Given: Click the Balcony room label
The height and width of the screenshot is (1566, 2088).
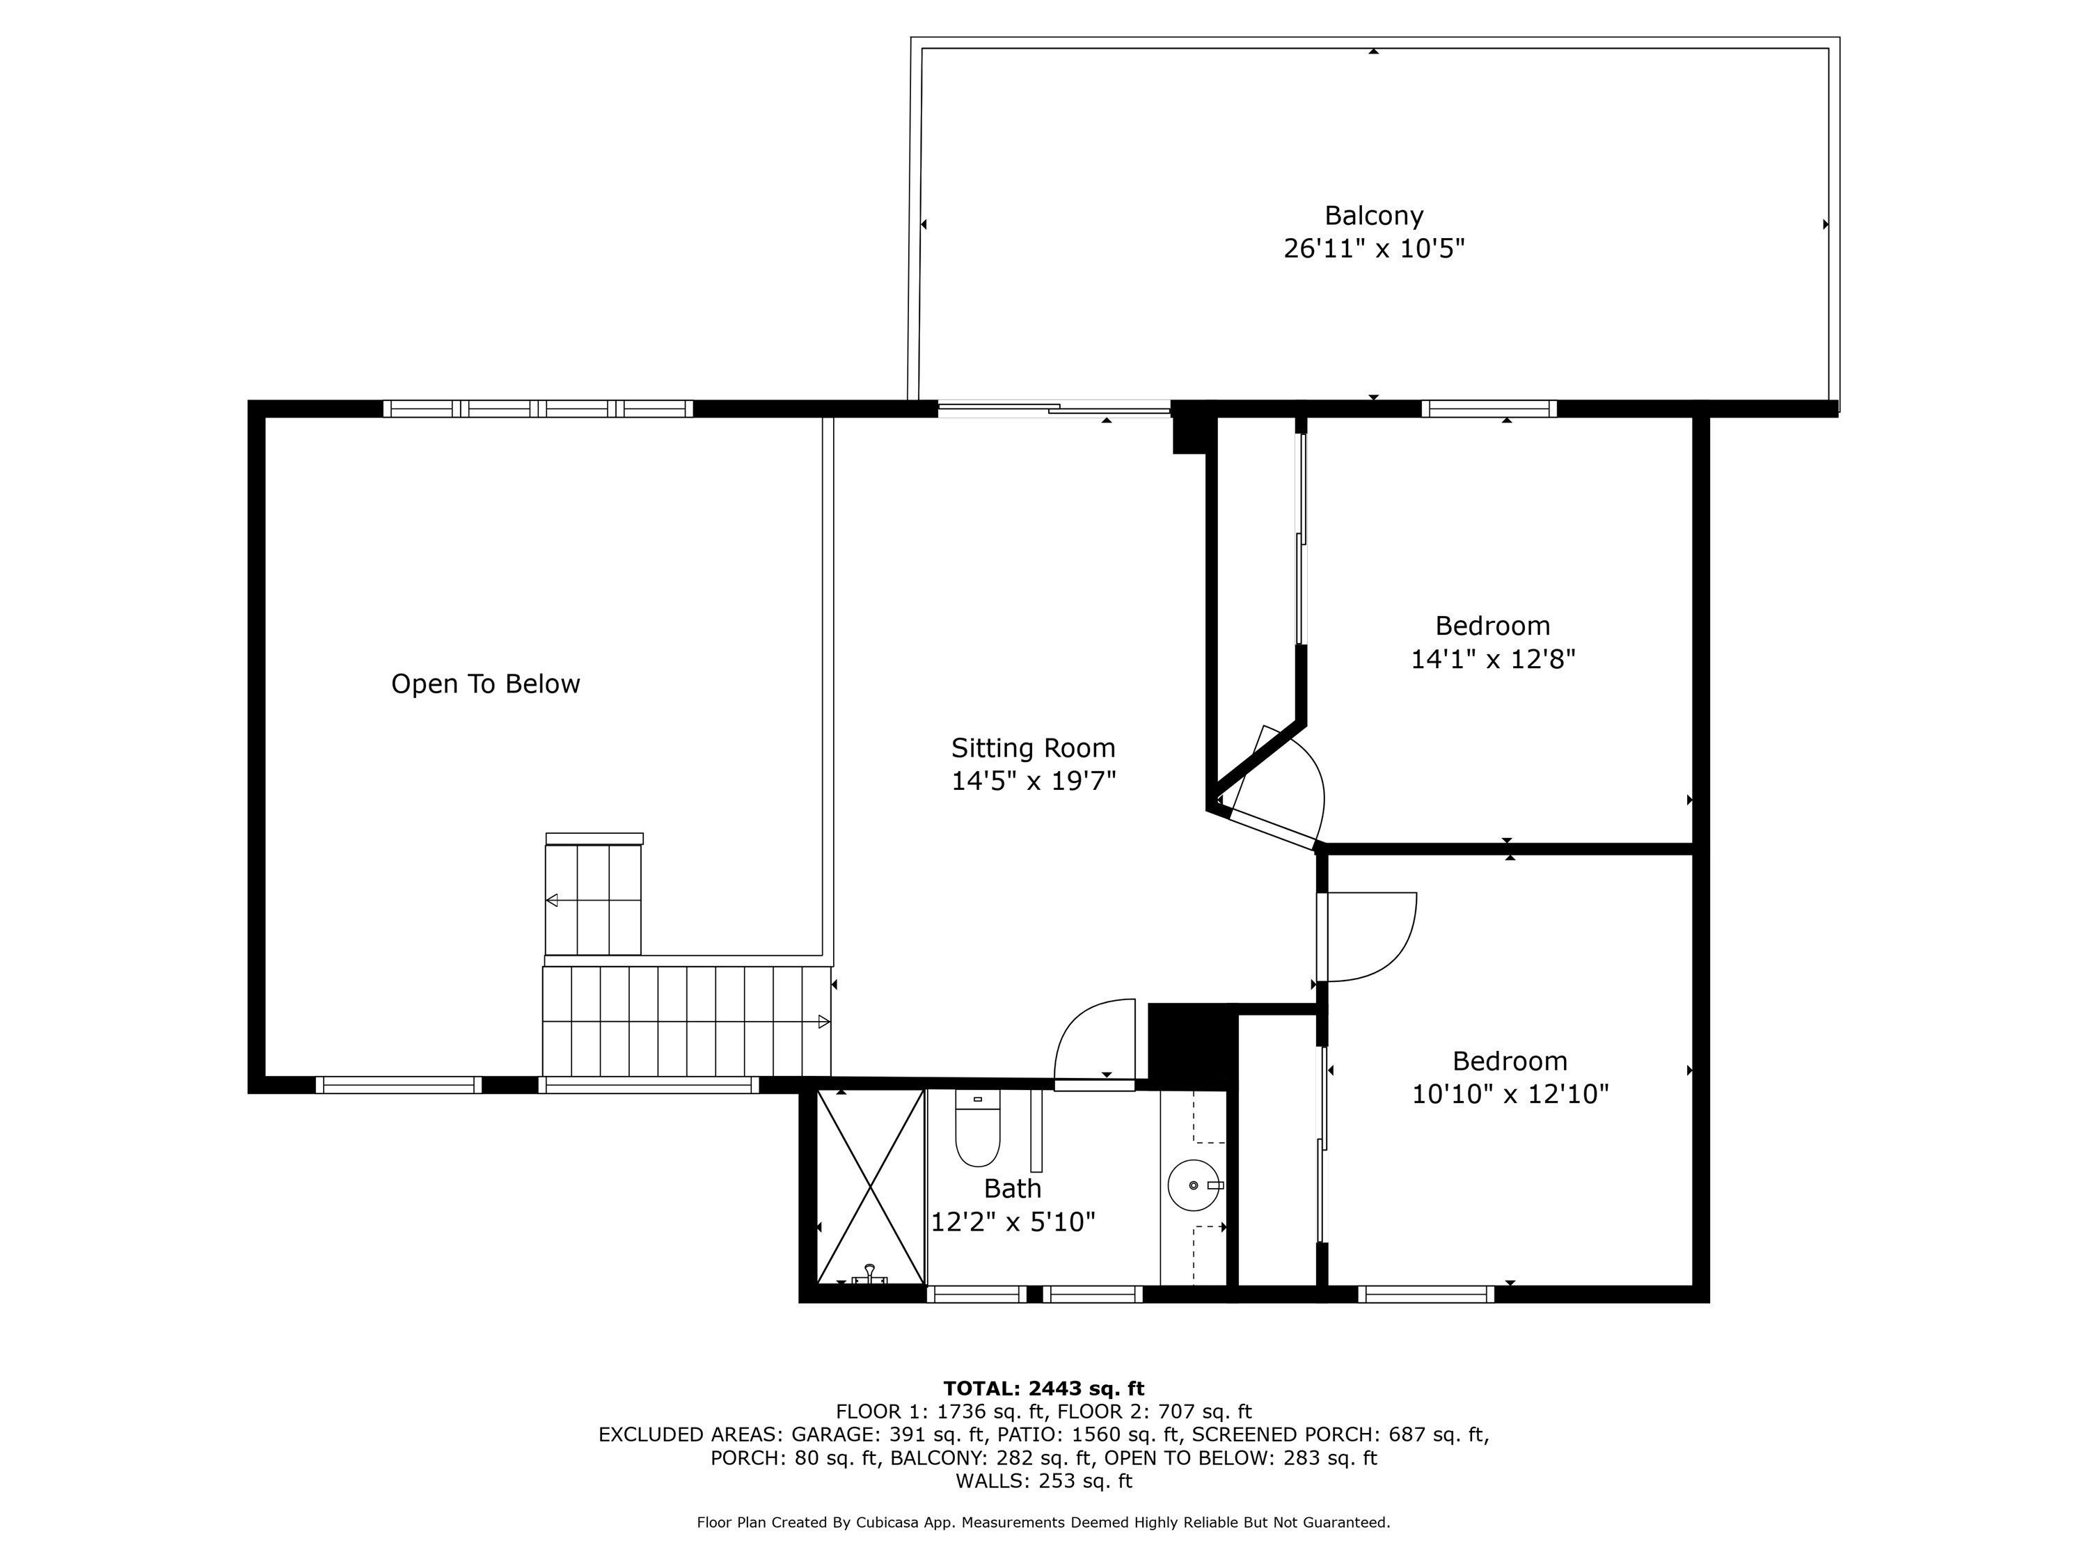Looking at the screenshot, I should [1373, 216].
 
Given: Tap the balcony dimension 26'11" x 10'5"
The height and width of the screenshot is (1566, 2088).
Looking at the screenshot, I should [1373, 249].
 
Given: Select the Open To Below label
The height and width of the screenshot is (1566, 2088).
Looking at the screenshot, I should [485, 684].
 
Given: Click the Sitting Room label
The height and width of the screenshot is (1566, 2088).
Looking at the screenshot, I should [1033, 748].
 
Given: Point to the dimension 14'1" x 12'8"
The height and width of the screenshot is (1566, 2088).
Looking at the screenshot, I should [1492, 659].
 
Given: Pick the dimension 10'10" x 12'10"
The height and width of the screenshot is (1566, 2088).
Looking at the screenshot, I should [1510, 1094].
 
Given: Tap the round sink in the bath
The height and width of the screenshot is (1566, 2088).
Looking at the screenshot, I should [1194, 1185].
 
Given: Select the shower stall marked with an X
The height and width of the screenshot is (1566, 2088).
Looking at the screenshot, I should [869, 1187].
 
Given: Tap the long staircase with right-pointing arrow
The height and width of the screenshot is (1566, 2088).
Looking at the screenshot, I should [686, 1021].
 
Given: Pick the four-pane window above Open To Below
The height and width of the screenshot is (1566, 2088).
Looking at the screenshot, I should [538, 409].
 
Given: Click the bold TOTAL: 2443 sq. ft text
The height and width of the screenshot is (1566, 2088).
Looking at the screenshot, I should [1043, 1389].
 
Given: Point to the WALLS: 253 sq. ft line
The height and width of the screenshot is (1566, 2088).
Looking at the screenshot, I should [1043, 1481].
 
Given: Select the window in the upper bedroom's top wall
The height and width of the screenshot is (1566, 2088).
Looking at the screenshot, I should [1489, 409].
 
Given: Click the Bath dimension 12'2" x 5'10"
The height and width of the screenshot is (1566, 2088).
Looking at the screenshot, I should [1013, 1222].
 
